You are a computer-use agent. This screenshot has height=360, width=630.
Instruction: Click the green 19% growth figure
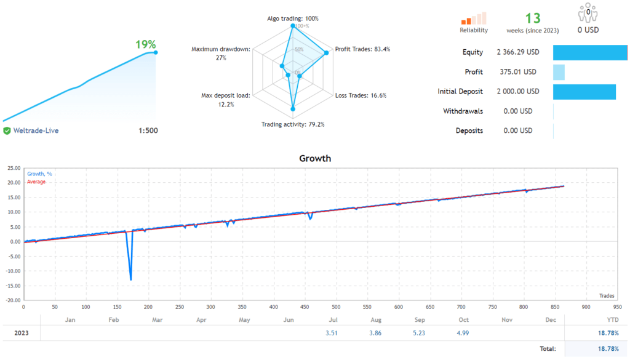point(145,44)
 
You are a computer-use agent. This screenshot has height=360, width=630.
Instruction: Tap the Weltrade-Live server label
point(36,130)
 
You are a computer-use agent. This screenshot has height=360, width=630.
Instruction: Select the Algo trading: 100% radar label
point(292,18)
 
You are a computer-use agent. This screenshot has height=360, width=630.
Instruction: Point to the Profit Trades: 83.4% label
point(362,49)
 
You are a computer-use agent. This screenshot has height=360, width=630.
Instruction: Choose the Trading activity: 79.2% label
point(293,124)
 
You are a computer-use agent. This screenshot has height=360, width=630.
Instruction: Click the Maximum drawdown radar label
point(221,53)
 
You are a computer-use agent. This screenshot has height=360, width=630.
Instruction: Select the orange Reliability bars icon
point(474,18)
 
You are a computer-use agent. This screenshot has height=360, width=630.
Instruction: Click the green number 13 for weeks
point(533,18)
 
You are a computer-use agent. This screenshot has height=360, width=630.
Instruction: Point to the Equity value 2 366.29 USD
point(517,52)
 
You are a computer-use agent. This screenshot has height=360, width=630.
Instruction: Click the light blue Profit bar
point(559,72)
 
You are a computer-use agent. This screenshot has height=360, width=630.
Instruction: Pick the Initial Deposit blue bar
point(584,92)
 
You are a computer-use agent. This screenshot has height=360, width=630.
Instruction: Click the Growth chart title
point(315,158)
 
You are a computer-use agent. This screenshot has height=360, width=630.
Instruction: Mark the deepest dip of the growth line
point(130,279)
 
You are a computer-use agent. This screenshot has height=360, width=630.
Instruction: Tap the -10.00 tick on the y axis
point(12,271)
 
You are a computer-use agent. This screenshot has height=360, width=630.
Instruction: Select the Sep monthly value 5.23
point(420,334)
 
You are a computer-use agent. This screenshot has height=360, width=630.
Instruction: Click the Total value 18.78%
point(608,349)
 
